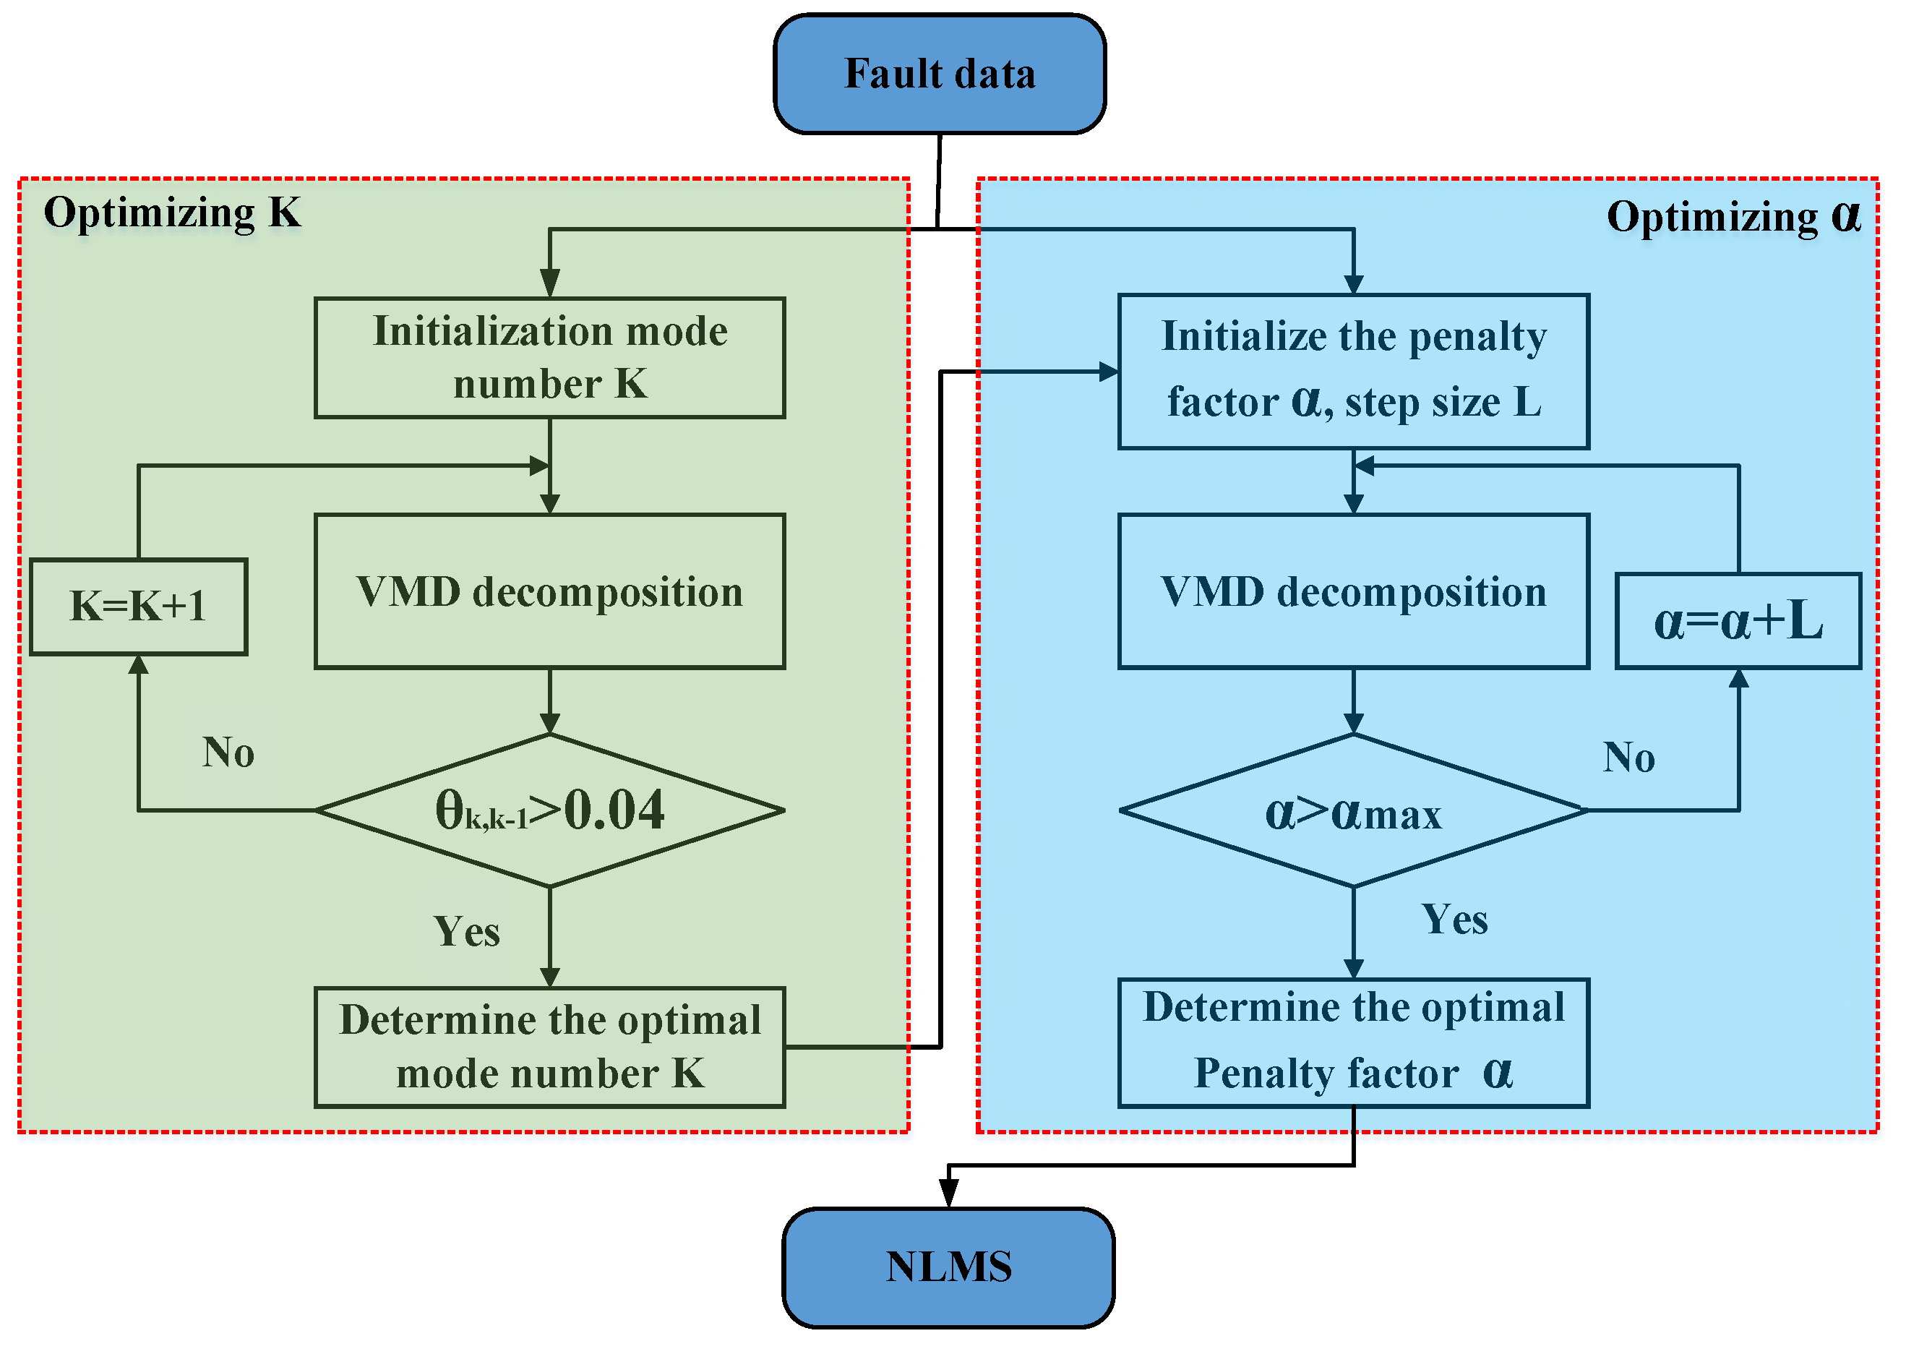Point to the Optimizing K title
coord(173,213)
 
